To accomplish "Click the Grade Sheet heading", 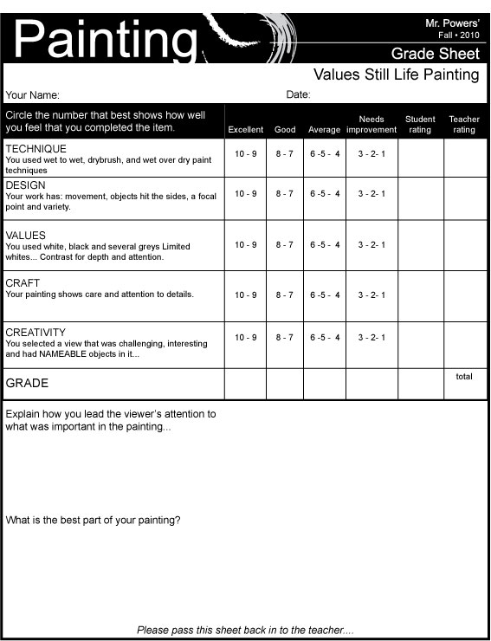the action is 435,54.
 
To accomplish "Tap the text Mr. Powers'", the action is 453,20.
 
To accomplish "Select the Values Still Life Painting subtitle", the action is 396,74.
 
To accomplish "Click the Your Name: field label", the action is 33,95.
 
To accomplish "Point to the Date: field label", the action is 298,94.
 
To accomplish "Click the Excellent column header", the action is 245,130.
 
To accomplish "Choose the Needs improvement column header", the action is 371,124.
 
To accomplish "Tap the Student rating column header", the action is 420,124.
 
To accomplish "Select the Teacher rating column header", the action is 464,124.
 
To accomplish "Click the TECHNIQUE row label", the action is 36,149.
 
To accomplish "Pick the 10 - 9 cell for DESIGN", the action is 246,194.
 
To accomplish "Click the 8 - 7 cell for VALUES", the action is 285,245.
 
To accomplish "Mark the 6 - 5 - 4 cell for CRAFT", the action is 325,295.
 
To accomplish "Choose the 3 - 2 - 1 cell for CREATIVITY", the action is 371,338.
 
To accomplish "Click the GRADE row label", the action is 27,383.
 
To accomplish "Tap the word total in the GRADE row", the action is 464,377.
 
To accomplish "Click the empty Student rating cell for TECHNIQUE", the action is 420,158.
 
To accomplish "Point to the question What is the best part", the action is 94,521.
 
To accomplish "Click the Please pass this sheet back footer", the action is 245,630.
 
